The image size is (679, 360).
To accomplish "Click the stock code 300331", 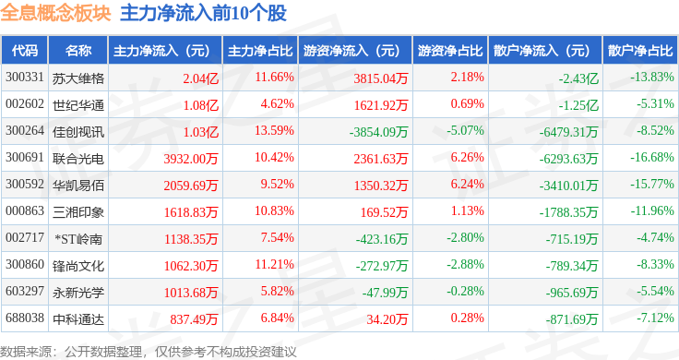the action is (x=25, y=78).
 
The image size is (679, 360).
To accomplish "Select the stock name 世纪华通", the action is (x=78, y=105).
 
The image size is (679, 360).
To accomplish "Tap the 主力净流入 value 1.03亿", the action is (x=201, y=132).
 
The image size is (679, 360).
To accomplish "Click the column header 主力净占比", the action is (x=260, y=51).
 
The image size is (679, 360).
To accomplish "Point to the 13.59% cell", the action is (x=274, y=130).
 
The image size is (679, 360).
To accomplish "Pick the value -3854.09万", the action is (x=378, y=132).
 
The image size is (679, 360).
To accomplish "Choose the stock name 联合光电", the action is (x=78, y=159).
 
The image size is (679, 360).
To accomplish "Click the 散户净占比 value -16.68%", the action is (x=652, y=157).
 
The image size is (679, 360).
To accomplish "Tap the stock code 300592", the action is (x=25, y=184).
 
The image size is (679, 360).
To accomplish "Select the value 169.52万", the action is (x=384, y=212).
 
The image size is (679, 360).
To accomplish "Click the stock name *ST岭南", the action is (x=78, y=239).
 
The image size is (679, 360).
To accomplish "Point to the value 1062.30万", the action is (x=191, y=266).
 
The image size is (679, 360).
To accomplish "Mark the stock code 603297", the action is (x=25, y=291).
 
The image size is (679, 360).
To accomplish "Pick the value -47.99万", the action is (x=385, y=293).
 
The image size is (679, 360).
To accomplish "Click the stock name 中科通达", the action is (x=78, y=319).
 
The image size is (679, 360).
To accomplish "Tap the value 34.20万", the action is (x=387, y=319).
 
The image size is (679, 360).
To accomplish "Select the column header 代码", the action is (x=25, y=51).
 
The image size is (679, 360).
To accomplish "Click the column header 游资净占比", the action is (x=450, y=51).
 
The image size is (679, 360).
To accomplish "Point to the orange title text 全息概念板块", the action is (x=56, y=13).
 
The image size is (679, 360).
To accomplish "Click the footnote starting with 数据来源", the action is (x=149, y=352).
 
